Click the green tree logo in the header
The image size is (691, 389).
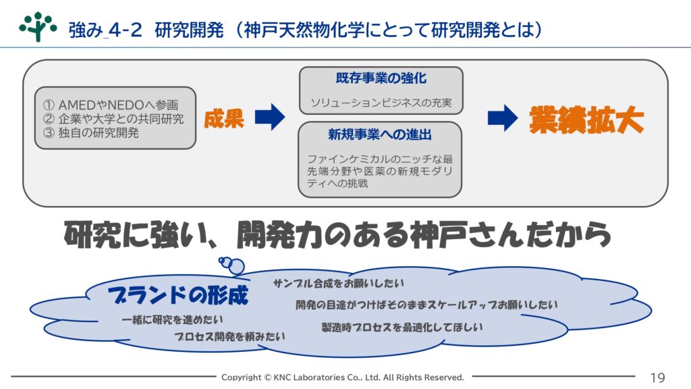pos(38,26)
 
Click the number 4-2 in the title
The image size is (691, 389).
pos(125,30)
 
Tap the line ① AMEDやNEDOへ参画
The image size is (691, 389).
pos(111,105)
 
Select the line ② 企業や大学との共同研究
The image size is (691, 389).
pos(113,119)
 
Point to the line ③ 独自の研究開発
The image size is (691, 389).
pos(91,132)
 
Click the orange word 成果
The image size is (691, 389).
pos(224,119)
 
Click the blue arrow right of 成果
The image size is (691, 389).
pos(270,117)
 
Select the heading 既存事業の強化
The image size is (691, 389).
pos(381,78)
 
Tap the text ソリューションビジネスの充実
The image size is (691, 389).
pos(381,103)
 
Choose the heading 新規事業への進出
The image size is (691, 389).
pos(380,134)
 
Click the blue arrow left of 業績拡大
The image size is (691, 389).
pos(503,118)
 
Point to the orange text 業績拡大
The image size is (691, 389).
pos(586,120)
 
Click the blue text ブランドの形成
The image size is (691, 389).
pos(178,295)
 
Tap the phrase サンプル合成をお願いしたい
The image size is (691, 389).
pos(339,283)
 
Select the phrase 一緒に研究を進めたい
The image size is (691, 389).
pos(172,319)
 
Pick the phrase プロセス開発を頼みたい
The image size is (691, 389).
pos(229,336)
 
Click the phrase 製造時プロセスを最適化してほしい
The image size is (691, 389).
pos(402,328)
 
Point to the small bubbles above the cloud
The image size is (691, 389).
pos(232,265)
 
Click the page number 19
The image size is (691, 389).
pos(657,378)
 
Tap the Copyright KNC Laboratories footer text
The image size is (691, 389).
pos(342,377)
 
